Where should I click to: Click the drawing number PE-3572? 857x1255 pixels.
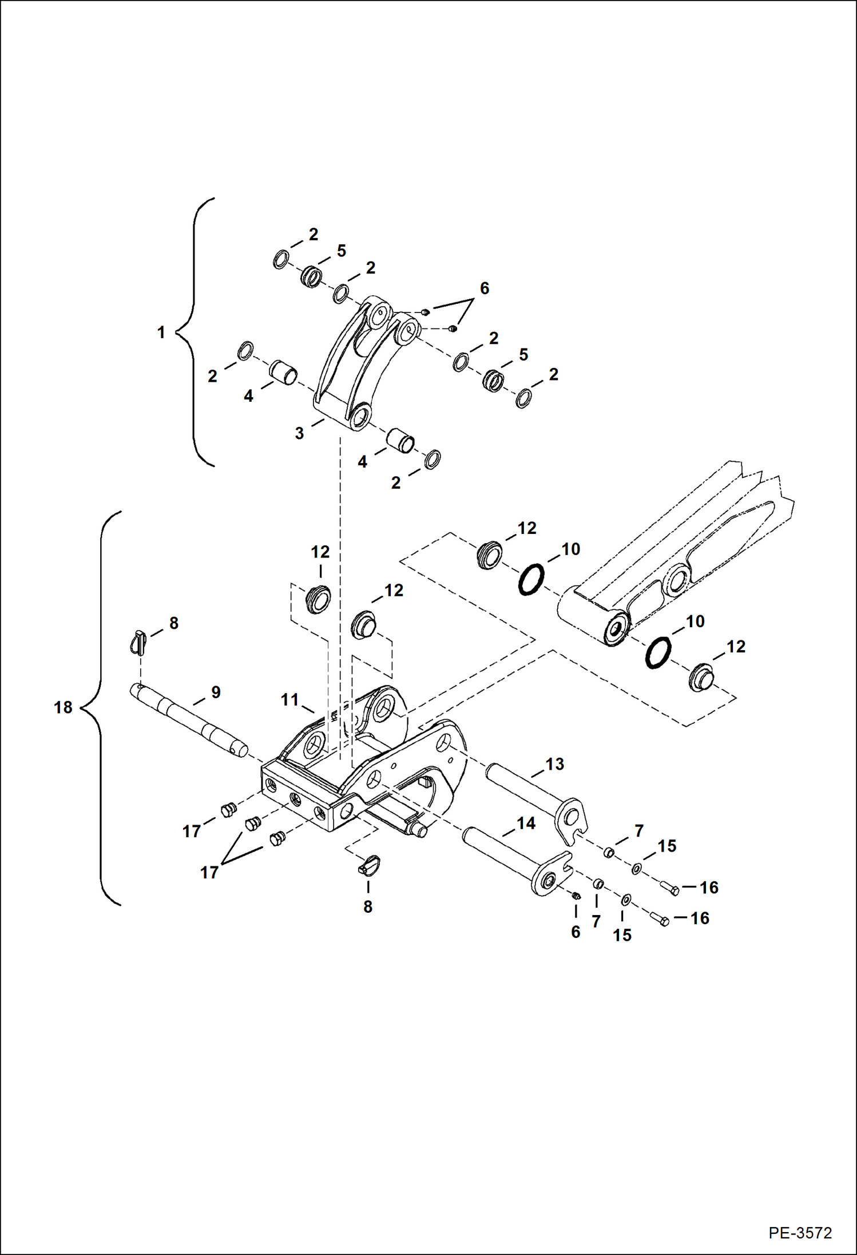tap(800, 1232)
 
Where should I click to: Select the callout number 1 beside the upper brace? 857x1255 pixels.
tap(161, 332)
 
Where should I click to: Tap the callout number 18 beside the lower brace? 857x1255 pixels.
tap(63, 707)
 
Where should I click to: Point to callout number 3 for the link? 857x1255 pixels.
tap(299, 433)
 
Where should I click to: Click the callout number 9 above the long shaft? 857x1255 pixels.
tap(216, 692)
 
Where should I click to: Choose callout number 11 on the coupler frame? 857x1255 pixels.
tap(289, 699)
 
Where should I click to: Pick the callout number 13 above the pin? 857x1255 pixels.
tap(554, 763)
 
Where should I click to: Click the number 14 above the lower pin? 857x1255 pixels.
tap(526, 823)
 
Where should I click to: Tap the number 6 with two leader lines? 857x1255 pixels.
tap(485, 288)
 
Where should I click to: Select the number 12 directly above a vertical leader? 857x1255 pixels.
tap(320, 552)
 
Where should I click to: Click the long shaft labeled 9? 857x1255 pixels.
tap(189, 720)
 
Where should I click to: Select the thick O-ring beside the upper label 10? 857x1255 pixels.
tap(531, 579)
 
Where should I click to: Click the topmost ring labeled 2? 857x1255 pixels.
tap(280, 260)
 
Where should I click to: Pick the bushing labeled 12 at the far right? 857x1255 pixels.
tap(701, 676)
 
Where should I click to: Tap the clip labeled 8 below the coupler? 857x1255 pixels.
tap(368, 865)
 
